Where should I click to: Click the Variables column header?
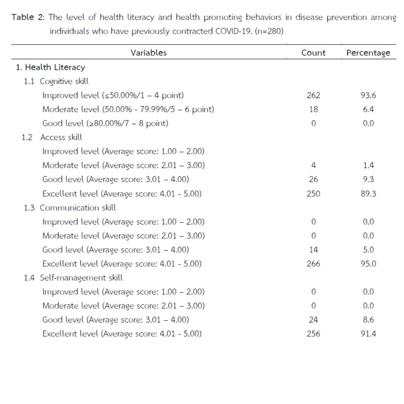[149, 53]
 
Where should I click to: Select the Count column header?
[313, 53]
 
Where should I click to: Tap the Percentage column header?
[368, 53]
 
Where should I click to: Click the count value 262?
[313, 95]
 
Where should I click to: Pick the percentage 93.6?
[368, 95]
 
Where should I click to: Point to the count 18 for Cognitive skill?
[313, 109]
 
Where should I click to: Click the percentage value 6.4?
[368, 109]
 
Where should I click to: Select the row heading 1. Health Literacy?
[50, 67]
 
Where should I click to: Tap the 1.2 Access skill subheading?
[52, 137]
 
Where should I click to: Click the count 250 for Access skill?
[313, 193]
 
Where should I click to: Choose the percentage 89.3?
[368, 193]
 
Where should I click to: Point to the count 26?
[313, 180]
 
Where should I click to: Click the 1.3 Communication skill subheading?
[70, 208]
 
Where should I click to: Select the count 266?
[313, 264]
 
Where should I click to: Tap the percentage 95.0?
[368, 264]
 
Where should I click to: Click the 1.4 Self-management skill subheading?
[73, 278]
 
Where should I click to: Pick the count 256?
[313, 334]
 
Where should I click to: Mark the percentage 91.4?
[368, 334]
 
